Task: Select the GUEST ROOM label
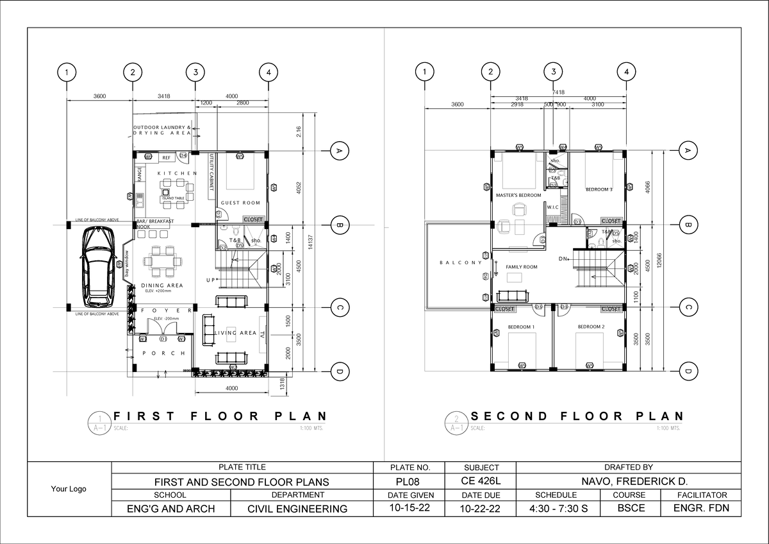(x=240, y=203)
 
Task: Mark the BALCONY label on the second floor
(x=460, y=262)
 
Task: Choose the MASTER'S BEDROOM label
(x=518, y=195)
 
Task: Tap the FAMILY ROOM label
(x=521, y=267)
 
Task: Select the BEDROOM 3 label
(x=599, y=190)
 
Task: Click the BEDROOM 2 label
(x=591, y=327)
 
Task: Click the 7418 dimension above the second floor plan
(x=558, y=92)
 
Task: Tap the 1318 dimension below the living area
(x=283, y=384)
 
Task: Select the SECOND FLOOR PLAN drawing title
(x=577, y=416)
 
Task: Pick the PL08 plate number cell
(x=409, y=482)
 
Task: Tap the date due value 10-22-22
(x=481, y=509)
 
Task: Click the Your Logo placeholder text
(x=69, y=489)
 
